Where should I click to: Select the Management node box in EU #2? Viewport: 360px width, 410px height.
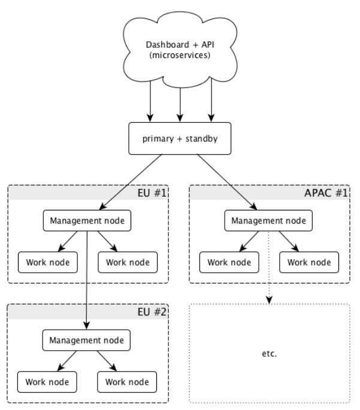pyautogui.click(x=87, y=340)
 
